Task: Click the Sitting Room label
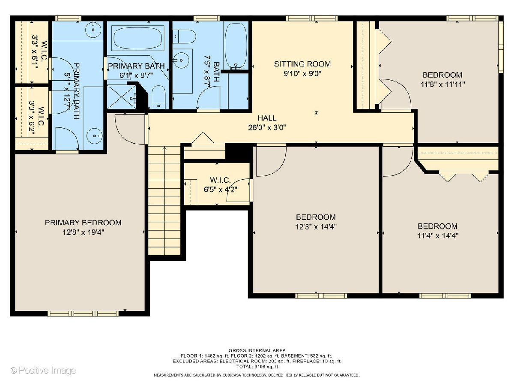302,64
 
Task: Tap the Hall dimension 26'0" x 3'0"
267,128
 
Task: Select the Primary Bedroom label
83,223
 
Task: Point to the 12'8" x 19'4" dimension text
83,232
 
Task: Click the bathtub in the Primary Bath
138,38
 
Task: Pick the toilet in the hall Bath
184,36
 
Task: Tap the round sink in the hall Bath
181,60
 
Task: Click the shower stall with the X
122,97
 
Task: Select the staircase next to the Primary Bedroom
164,201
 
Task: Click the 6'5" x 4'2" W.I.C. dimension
220,190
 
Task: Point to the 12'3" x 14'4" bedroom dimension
316,227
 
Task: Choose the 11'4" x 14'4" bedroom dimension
438,235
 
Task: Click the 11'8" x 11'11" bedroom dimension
442,84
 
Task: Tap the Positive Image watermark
43,371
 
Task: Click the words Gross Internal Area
257,350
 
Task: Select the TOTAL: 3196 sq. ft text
257,367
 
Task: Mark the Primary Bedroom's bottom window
83,314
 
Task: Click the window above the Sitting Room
311,18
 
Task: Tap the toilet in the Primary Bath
158,97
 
